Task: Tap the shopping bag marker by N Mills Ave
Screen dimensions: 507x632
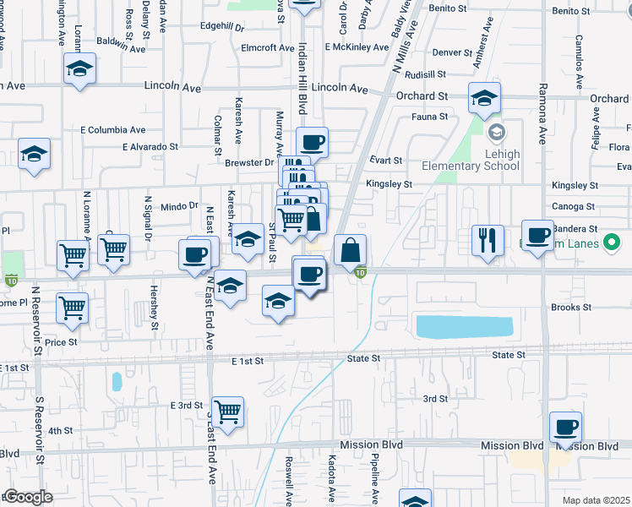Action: coord(350,251)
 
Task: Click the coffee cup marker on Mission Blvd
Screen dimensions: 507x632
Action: coord(565,428)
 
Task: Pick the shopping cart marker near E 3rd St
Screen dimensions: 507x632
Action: coord(228,412)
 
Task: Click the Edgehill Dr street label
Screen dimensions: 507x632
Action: coord(222,26)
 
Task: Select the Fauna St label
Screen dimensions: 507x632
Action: coord(428,117)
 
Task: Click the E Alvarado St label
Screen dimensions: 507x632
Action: coord(152,146)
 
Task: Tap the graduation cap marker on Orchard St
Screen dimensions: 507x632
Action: coord(485,98)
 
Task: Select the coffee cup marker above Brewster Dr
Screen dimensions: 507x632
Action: coord(311,142)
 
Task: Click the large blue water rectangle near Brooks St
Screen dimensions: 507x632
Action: coord(463,326)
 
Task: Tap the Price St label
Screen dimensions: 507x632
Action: coord(61,342)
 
